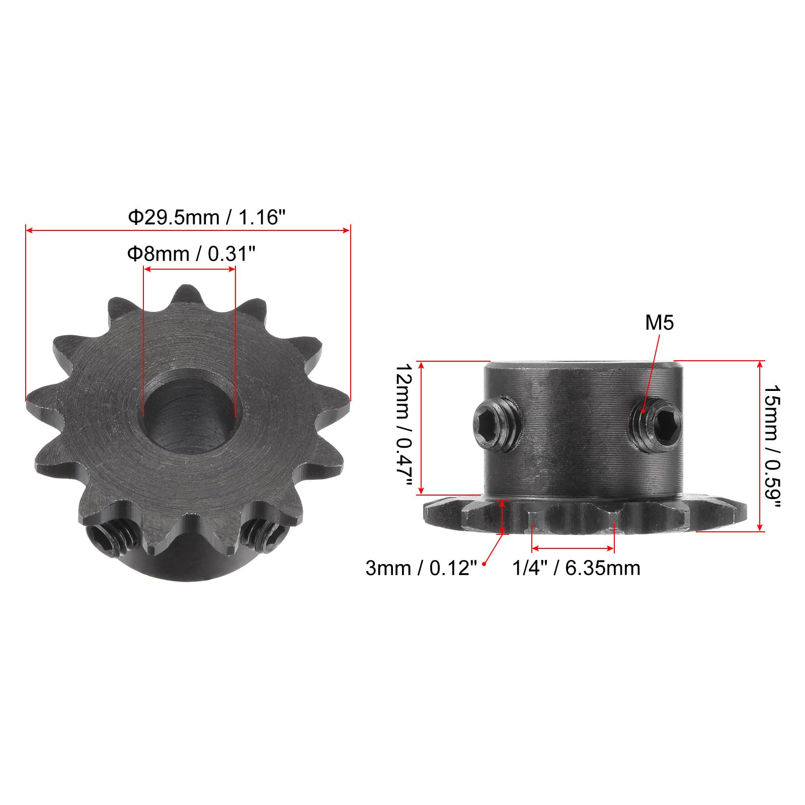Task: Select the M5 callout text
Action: (x=659, y=323)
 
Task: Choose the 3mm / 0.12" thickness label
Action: (x=421, y=569)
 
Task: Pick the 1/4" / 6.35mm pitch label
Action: (x=576, y=569)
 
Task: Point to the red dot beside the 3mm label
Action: (x=485, y=564)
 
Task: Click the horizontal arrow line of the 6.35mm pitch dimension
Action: (x=573, y=548)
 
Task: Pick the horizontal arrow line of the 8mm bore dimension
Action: (x=189, y=270)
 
